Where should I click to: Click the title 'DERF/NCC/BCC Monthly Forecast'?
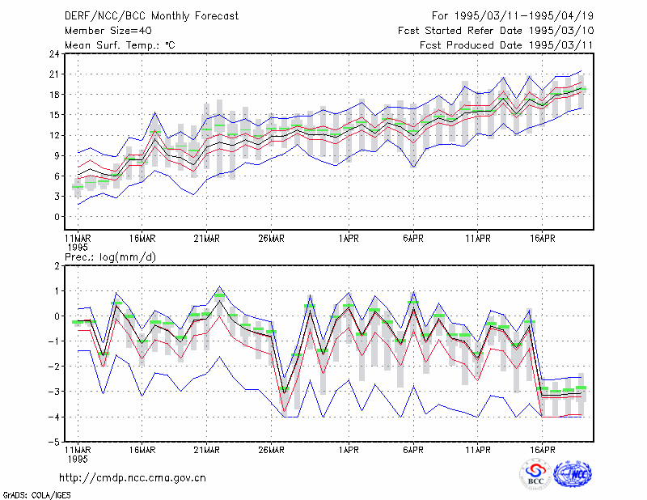tap(151, 16)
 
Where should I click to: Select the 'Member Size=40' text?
tap(108, 31)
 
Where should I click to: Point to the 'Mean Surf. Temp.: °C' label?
tap(120, 45)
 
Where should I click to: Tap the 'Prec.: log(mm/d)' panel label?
tap(110, 257)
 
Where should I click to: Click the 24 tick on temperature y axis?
tap(54, 53)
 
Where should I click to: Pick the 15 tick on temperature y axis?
tap(54, 115)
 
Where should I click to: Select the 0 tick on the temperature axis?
tap(57, 216)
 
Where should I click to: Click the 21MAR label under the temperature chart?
tap(207, 239)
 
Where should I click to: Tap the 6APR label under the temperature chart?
tap(413, 239)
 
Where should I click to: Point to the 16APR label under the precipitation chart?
tap(542, 450)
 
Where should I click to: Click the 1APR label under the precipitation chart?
tap(349, 450)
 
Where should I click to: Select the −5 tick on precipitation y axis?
tap(54, 442)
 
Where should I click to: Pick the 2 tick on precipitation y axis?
tap(57, 266)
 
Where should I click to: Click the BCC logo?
tap(535, 474)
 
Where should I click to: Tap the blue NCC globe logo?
tap(573, 474)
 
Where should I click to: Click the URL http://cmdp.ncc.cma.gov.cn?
tap(133, 478)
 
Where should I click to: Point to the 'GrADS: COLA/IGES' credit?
tap(36, 495)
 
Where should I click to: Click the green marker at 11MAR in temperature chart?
tap(78, 187)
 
